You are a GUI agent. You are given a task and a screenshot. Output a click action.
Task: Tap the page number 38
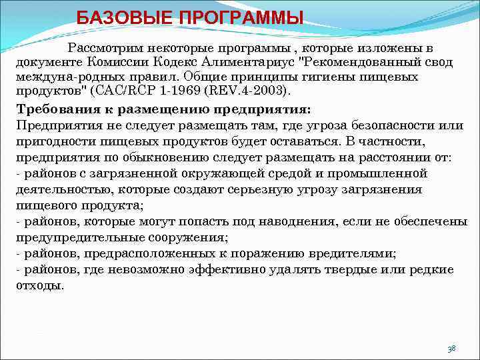coord(452,349)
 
